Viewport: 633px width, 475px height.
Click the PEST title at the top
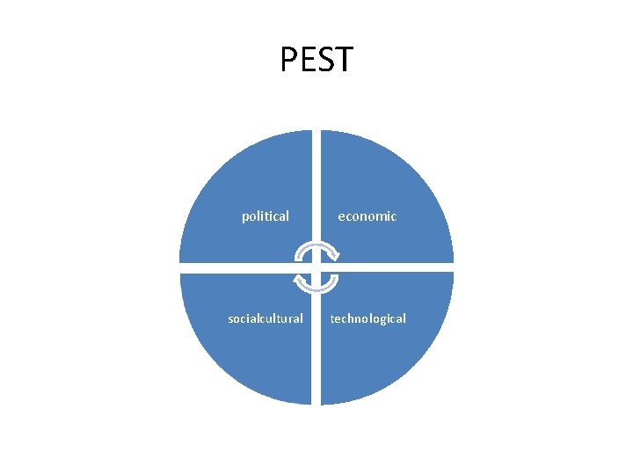point(316,60)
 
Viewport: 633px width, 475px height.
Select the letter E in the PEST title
point(307,60)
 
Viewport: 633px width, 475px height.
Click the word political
point(266,216)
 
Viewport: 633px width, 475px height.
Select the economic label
point(367,216)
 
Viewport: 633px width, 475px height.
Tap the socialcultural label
point(266,318)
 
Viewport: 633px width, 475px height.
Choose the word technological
point(367,318)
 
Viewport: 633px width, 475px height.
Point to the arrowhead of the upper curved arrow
point(335,256)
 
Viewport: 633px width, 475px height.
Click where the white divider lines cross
point(316,267)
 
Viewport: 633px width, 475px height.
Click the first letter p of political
point(245,217)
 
